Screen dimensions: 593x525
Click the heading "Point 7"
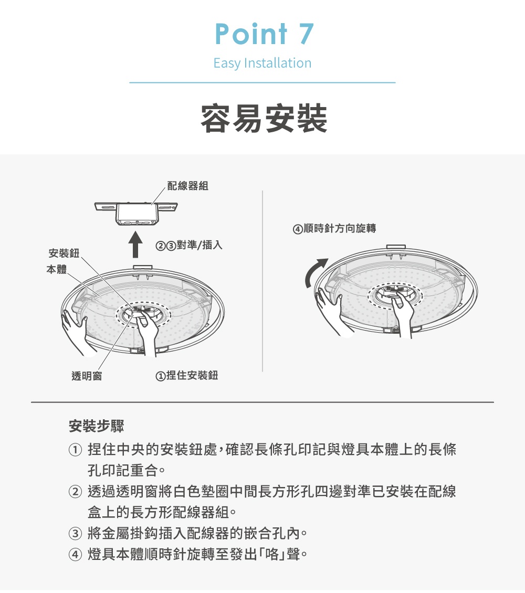[264, 34]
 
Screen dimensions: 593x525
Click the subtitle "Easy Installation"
[262, 63]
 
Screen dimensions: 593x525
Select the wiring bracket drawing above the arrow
[136, 214]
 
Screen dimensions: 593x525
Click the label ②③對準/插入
[190, 246]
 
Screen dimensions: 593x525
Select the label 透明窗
[87, 376]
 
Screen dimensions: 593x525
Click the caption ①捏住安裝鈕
[187, 376]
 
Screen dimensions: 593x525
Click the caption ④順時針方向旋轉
[334, 229]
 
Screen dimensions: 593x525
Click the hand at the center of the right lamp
[403, 312]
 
